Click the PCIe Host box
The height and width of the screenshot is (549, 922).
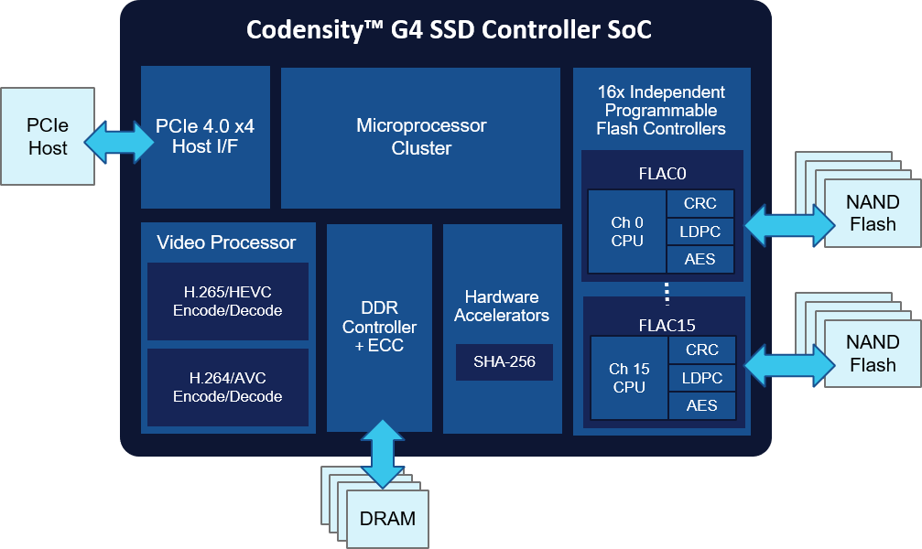48,136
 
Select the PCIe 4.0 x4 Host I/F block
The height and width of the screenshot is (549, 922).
205,137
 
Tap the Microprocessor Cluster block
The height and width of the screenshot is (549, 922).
420,137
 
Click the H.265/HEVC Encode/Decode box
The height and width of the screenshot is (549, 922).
228,301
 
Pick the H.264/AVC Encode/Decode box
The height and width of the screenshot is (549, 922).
228,387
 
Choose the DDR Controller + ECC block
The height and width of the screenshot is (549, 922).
379,328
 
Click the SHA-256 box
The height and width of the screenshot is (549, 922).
504,361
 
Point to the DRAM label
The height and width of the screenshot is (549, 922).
387,519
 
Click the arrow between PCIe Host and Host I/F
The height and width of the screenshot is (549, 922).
117,142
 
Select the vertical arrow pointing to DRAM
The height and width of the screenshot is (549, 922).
383,454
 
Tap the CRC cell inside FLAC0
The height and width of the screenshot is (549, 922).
700,203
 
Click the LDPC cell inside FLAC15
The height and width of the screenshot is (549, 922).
702,378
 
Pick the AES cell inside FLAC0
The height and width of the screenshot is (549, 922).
700,259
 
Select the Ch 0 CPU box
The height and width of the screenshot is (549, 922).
627,231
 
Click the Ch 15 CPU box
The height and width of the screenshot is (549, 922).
629,378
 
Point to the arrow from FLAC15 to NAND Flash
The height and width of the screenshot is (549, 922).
790,365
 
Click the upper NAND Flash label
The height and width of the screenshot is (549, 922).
873,213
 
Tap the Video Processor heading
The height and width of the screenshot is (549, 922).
226,242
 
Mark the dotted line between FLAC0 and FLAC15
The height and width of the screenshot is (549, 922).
667,294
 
